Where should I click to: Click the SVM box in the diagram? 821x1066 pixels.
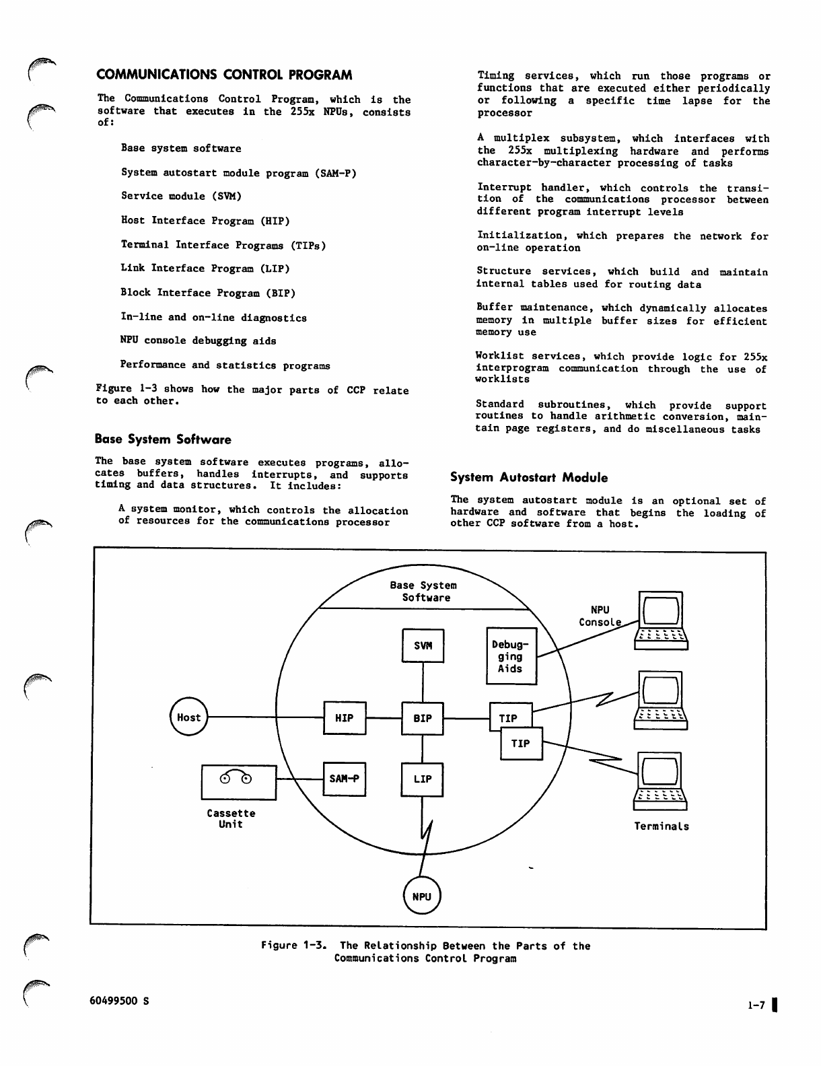423,645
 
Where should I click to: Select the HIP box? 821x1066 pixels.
345,718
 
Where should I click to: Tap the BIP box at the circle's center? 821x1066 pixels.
423,718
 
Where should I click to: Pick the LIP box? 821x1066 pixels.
422,779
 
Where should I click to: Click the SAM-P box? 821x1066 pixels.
344,779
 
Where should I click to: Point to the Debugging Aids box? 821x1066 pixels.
511,656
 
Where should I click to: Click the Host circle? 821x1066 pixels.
189,717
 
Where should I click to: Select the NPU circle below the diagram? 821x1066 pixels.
421,896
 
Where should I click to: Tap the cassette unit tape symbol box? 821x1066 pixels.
239,782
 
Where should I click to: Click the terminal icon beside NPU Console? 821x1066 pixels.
661,621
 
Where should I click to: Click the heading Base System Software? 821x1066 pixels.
163,439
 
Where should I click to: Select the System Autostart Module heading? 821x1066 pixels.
529,478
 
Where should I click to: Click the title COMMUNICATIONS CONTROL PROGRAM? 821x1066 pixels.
225,75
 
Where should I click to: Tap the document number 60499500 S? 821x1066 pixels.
120,1000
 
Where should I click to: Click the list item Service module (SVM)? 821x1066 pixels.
181,197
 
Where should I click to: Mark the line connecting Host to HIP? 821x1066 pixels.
266,717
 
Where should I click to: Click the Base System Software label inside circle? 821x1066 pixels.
424,592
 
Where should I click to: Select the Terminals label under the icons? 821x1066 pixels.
662,826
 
